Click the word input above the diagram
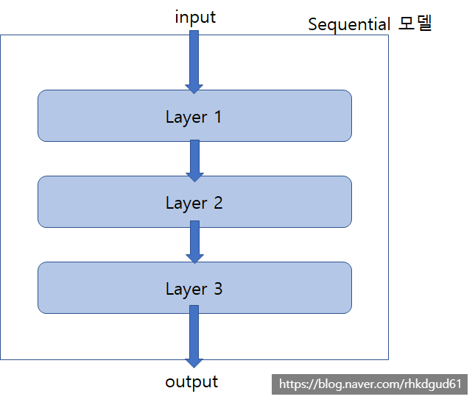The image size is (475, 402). pos(195,17)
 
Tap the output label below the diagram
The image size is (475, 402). pos(191,381)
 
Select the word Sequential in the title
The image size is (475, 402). pos(349,24)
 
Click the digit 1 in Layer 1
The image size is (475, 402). pos(217,116)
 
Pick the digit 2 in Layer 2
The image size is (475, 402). pos(217,202)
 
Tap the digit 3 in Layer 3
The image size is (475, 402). pos(217,289)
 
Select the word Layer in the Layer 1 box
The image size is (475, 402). pos(186,117)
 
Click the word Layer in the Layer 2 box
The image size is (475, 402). pos(186,203)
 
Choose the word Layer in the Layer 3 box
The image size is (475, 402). pos(186,290)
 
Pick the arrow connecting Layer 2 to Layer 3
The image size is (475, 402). pos(194,241)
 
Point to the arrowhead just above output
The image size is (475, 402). pos(194,362)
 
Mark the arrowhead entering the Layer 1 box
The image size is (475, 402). pos(194,88)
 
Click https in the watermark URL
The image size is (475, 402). pos(292,384)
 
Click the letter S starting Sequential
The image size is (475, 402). pos(312,24)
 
